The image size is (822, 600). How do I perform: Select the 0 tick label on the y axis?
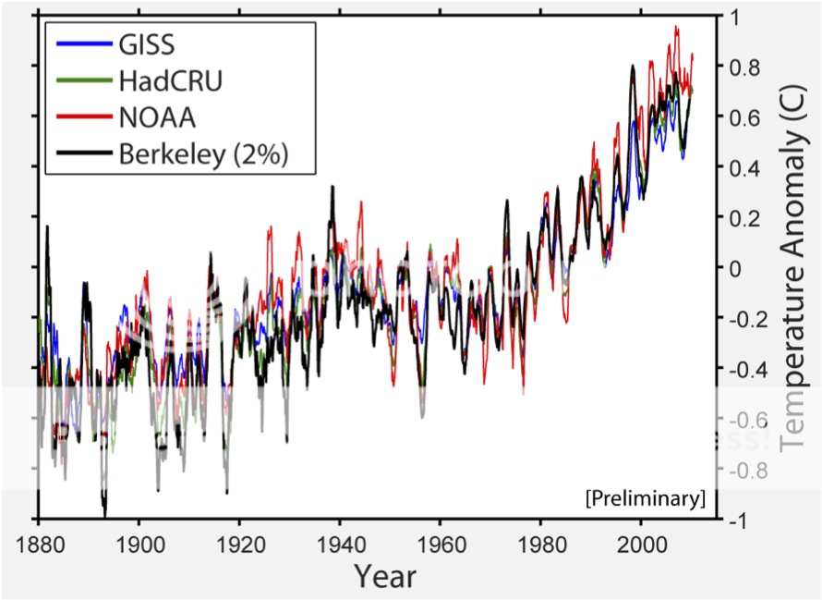[734, 269]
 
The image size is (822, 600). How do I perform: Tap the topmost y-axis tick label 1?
[734, 18]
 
